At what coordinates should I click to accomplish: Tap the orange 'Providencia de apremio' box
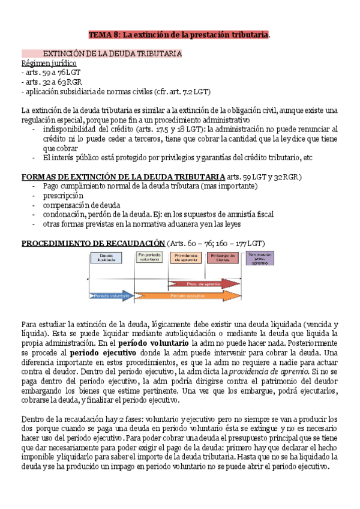click(x=187, y=258)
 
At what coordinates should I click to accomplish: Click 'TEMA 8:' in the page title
click(x=104, y=35)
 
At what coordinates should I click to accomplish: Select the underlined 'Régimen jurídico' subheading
click(x=49, y=63)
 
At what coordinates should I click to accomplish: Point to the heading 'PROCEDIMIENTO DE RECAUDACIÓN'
click(x=93, y=242)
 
